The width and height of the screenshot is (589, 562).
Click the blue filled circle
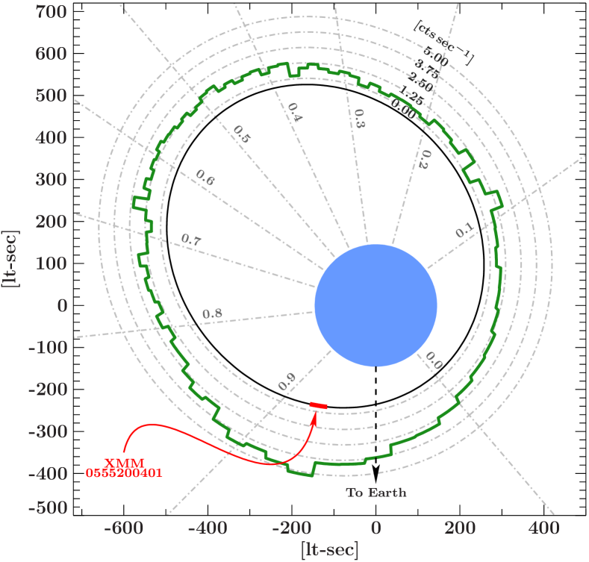(x=375, y=305)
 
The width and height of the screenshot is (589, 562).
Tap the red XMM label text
(x=124, y=462)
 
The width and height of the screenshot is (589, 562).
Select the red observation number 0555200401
(x=124, y=473)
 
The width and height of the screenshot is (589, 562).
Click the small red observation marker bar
(x=319, y=405)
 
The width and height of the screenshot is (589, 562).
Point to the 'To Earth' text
(x=376, y=493)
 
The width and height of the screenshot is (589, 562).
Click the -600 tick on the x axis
(x=123, y=528)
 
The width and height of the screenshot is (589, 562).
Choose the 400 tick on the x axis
(x=543, y=528)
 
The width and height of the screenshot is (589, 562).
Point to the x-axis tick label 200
(x=460, y=528)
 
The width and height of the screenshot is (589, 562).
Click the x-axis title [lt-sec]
(x=329, y=550)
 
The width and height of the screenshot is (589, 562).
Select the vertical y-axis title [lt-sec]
(x=12, y=258)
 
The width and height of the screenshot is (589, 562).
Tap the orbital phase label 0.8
(x=212, y=313)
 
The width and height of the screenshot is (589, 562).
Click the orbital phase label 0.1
(x=464, y=232)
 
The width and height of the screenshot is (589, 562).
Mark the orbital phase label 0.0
(x=434, y=360)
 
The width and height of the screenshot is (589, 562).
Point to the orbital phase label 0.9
(x=287, y=382)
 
